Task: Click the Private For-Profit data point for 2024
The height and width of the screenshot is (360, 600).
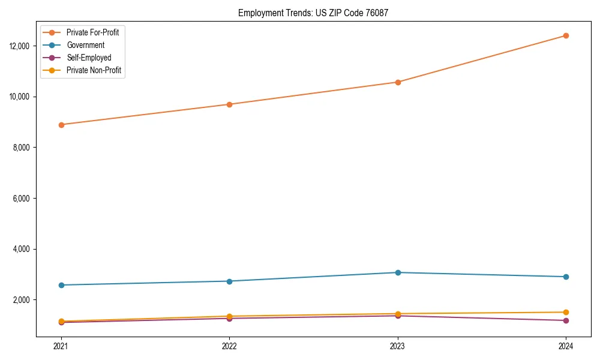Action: [x=566, y=35]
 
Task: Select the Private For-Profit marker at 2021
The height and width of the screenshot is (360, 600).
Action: [x=61, y=125]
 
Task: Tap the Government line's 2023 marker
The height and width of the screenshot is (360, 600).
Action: [x=398, y=272]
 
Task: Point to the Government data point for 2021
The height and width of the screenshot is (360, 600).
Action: [x=61, y=285]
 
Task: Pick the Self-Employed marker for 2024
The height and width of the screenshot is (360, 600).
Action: [x=566, y=320]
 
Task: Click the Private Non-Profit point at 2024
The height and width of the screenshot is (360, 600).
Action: [x=566, y=312]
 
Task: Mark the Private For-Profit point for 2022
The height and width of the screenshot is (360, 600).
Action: [x=229, y=104]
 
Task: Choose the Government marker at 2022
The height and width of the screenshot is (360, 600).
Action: [x=229, y=281]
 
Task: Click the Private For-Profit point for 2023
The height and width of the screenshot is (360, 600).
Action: [x=398, y=82]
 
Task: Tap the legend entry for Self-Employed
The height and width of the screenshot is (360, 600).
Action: [x=88, y=58]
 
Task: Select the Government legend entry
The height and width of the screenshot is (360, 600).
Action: [x=85, y=45]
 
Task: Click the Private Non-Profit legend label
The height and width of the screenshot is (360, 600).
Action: [x=94, y=70]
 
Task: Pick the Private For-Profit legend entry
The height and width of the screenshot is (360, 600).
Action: [x=92, y=32]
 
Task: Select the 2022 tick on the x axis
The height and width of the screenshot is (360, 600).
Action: [x=229, y=346]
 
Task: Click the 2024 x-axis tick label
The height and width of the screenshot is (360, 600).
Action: [x=566, y=346]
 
